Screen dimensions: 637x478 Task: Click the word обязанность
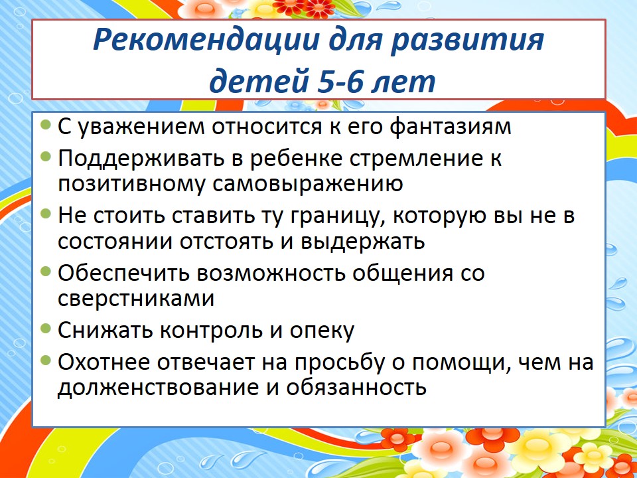356,387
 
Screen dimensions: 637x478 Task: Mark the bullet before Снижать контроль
46,327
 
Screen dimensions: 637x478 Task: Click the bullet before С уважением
46,123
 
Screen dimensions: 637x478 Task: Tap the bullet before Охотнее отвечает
46,360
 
